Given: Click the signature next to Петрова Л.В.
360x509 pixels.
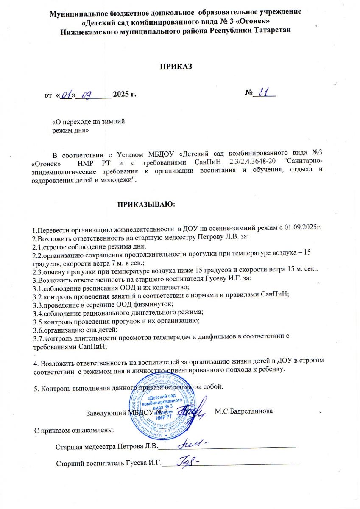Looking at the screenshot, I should pos(193,445).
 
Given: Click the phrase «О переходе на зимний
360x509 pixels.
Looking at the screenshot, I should pos(88,121).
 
